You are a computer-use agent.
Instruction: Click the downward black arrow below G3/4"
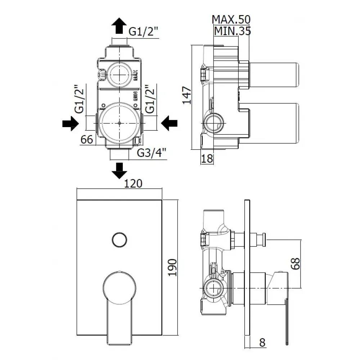tap(120, 170)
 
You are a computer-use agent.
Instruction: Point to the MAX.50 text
tap(231, 19)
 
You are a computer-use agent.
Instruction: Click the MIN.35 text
tap(232, 31)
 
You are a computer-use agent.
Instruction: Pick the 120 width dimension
tap(133, 184)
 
